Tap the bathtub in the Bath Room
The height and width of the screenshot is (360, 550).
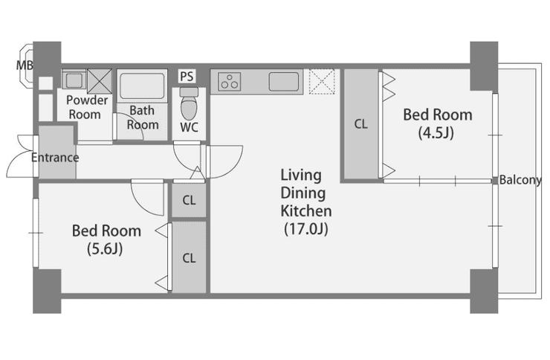click(x=142, y=86)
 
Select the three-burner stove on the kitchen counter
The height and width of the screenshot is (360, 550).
click(x=230, y=81)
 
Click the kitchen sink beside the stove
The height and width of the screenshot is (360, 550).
click(x=284, y=81)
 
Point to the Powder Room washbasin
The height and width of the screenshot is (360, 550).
click(x=74, y=80)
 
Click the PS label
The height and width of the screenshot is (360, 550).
click(x=187, y=77)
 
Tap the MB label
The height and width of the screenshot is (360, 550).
click(x=25, y=65)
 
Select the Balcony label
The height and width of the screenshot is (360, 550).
click(x=520, y=180)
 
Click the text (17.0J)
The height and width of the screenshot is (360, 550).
click(x=306, y=229)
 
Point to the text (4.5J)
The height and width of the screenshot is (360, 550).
click(x=436, y=133)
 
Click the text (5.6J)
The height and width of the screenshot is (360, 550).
click(x=105, y=249)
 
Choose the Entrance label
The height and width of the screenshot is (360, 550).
click(x=55, y=158)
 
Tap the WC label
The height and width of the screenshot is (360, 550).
click(x=189, y=127)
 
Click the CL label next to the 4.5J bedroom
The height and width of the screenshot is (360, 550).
click(x=361, y=124)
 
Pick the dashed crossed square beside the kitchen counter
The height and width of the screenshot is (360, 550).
click(x=322, y=81)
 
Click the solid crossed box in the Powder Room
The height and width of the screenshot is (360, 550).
click(x=100, y=81)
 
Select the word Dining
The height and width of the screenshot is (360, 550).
click(x=303, y=193)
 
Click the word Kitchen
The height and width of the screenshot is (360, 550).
click(x=306, y=211)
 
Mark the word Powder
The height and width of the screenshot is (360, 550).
click(x=87, y=100)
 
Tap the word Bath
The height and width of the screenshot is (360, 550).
click(x=142, y=111)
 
